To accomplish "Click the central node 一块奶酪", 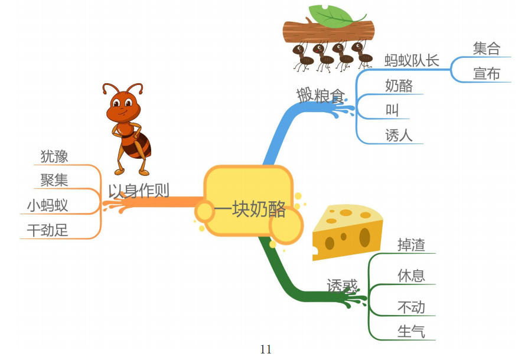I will [x=249, y=209].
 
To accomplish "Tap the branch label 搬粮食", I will [x=320, y=95].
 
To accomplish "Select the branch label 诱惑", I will [x=343, y=286].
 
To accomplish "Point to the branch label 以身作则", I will [x=138, y=191].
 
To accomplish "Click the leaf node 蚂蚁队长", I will [x=412, y=61].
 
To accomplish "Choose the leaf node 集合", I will [x=486, y=48].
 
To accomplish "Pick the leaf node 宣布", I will [x=486, y=74].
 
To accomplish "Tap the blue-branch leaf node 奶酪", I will [x=399, y=86].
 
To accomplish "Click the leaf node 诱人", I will [x=399, y=136].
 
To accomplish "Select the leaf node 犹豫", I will [x=54, y=156].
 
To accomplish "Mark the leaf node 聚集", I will [x=54, y=181].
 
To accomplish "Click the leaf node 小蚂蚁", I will [x=47, y=205].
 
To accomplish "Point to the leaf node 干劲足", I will [x=47, y=230].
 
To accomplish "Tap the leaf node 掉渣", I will [x=411, y=245].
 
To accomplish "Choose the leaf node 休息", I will [x=411, y=276].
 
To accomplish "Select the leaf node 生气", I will [x=411, y=332].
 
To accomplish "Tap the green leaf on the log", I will [x=330, y=15].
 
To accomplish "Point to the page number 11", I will [x=266, y=349].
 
